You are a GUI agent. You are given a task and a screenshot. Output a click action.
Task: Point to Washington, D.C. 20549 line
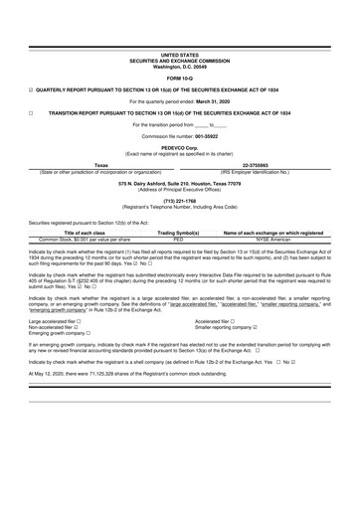coord(179,66)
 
